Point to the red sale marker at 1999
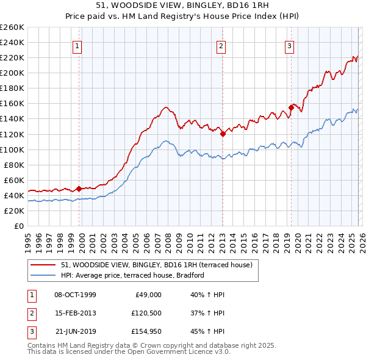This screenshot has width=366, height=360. [79, 189]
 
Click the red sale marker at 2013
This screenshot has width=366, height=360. [223, 134]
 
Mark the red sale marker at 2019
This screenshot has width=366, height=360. [291, 107]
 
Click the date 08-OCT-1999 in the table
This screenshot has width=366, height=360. [75, 295]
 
